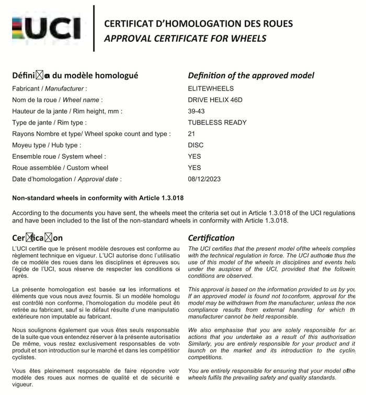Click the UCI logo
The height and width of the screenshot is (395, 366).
(x=47, y=29)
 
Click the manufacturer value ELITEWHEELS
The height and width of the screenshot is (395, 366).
(x=211, y=88)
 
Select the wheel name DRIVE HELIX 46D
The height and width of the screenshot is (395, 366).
(x=215, y=100)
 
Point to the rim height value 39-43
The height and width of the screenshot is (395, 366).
(x=197, y=111)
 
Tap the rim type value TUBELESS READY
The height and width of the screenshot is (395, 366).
(x=217, y=122)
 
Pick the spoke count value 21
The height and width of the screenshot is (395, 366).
(x=191, y=134)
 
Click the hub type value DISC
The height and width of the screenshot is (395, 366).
(x=196, y=145)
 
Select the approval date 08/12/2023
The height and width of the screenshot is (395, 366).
(x=204, y=179)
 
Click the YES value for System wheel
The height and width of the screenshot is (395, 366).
(x=194, y=156)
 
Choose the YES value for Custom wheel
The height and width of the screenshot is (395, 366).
(x=194, y=167)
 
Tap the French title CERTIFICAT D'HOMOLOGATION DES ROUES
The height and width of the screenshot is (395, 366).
(x=198, y=24)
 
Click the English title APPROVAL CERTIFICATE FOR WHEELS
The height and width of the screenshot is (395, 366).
(x=185, y=38)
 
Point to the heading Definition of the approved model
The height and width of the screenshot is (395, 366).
(x=251, y=75)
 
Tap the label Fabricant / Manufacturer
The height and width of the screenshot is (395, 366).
(x=50, y=88)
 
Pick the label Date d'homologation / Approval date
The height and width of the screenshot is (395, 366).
(x=66, y=179)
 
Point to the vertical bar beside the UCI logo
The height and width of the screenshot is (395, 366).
(x=94, y=28)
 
